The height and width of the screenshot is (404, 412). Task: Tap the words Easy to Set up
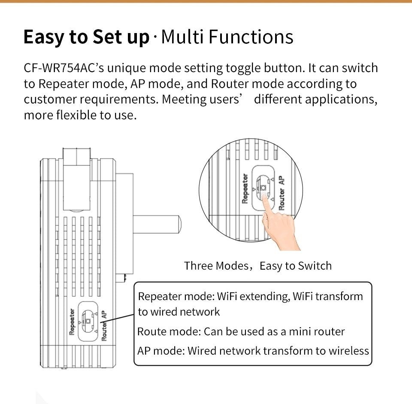[86, 37]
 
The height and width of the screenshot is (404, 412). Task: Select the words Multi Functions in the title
[227, 37]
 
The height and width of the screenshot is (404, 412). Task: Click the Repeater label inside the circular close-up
[245, 188]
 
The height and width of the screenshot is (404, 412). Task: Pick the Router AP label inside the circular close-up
[282, 193]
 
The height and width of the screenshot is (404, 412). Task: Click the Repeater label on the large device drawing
[72, 321]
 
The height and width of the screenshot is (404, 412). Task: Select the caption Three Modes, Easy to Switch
[258, 266]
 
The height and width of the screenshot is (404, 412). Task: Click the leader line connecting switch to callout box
[118, 318]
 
